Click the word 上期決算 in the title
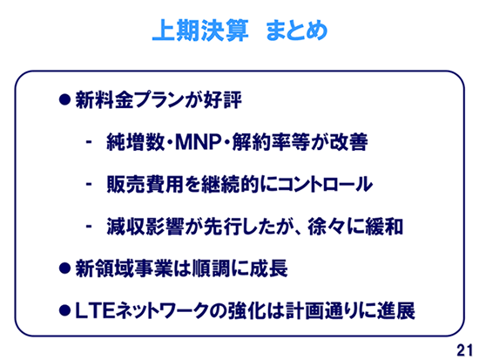(x=200, y=31)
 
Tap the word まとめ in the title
(x=297, y=31)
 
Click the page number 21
(x=465, y=350)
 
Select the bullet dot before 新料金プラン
(x=64, y=99)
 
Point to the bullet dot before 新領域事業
(x=64, y=268)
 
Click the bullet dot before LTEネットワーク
(x=64, y=310)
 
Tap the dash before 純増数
(x=89, y=142)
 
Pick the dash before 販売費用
(x=89, y=184)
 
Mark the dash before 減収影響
(x=89, y=227)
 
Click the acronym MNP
(x=199, y=142)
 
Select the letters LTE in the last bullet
(x=95, y=311)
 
